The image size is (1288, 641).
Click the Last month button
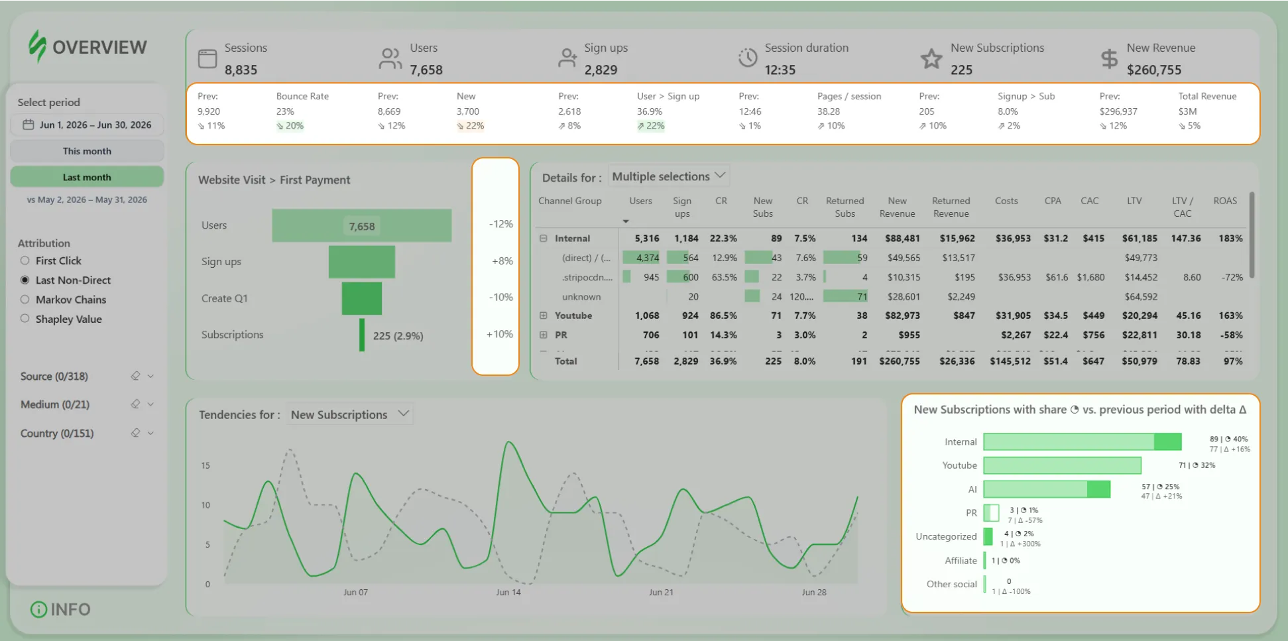[x=87, y=177]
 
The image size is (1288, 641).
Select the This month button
[x=87, y=151]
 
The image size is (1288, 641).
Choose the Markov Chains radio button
[x=25, y=300]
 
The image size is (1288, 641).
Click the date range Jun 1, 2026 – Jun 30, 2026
[x=95, y=125]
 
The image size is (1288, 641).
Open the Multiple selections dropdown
[x=669, y=176]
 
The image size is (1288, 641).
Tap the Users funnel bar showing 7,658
[x=362, y=226]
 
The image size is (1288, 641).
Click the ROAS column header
[x=1225, y=201]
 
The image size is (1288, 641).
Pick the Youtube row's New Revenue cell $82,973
[x=898, y=316]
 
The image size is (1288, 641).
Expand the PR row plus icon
[x=544, y=335]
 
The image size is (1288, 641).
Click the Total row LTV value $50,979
[x=1140, y=361]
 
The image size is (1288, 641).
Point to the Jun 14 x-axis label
[x=508, y=592]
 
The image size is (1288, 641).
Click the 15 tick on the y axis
[x=205, y=465]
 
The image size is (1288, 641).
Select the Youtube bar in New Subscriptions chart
[x=1063, y=465]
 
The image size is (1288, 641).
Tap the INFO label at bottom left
[x=70, y=609]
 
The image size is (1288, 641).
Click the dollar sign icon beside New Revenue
[x=1109, y=59]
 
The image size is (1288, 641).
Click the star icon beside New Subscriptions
[x=931, y=59]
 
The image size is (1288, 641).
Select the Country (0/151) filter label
[x=57, y=434]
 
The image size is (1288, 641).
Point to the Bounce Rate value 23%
[x=285, y=111]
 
